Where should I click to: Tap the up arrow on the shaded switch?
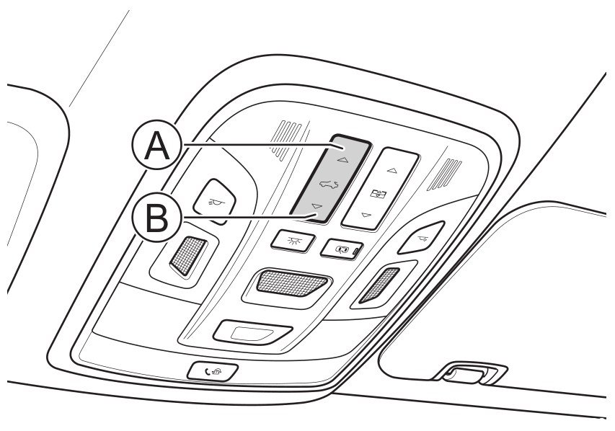[x=342, y=159]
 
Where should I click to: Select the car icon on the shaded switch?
[x=329, y=184]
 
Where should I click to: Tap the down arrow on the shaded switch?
[x=317, y=206]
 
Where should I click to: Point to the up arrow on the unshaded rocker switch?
[x=391, y=170]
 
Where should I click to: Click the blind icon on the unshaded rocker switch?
[x=379, y=193]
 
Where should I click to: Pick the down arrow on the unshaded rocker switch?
[x=366, y=215]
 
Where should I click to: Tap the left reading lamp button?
[x=215, y=201]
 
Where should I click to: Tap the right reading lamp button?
[x=421, y=237]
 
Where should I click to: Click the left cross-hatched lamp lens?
[x=188, y=256]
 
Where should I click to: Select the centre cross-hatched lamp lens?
[x=291, y=283]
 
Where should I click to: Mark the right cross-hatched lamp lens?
[x=379, y=285]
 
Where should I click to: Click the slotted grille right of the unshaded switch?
[x=445, y=174]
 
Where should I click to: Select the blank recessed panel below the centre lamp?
[x=253, y=332]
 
